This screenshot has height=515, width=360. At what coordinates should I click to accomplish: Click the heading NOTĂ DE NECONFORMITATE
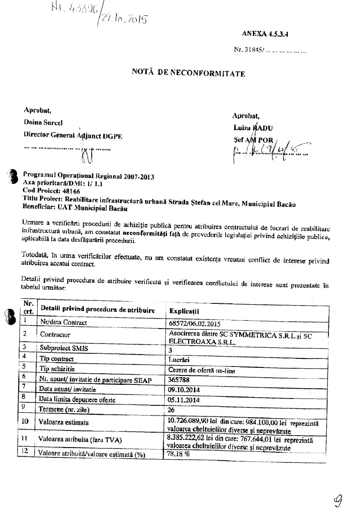(189, 73)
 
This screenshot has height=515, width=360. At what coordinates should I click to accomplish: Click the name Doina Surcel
(43, 122)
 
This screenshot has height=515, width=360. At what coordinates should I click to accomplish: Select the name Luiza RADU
(253, 128)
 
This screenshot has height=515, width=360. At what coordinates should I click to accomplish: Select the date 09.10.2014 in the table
(185, 390)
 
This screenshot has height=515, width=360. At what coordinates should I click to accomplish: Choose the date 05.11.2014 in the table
(185, 400)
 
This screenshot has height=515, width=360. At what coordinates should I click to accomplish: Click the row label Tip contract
(57, 359)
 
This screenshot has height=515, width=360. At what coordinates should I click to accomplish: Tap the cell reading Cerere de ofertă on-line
(202, 370)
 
